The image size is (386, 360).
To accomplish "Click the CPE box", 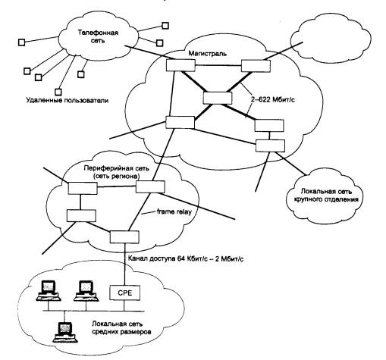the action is [x=124, y=293].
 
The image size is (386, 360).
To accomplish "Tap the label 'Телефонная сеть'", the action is [x=98, y=36].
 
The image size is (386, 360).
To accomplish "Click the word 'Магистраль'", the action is [x=208, y=53].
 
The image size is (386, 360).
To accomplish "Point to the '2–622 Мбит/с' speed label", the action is [x=272, y=99].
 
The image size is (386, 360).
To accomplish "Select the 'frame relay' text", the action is [x=174, y=211].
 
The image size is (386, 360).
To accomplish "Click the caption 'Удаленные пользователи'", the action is [x=67, y=100].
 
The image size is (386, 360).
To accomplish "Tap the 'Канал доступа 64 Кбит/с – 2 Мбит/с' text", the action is [x=186, y=258].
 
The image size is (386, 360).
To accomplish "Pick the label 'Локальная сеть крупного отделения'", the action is [x=325, y=195].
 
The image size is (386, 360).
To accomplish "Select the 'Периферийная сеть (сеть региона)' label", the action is [x=117, y=172].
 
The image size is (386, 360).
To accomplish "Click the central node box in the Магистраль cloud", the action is [x=218, y=98].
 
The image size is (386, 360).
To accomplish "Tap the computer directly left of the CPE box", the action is [x=86, y=291].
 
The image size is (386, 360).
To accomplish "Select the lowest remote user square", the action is [x=58, y=92].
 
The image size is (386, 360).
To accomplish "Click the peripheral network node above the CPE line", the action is [x=124, y=237].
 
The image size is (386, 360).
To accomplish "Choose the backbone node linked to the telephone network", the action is [x=180, y=65].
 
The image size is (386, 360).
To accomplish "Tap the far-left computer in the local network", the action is [x=49, y=291].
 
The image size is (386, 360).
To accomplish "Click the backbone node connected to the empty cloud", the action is [x=256, y=66].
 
